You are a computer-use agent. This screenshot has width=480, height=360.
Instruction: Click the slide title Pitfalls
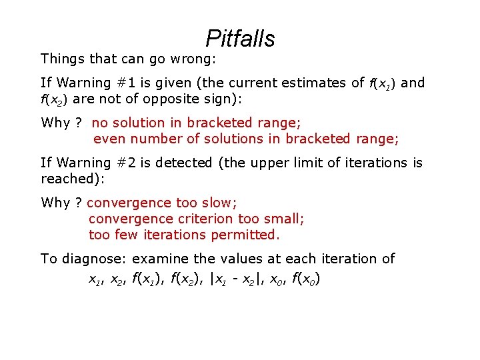(x=240, y=39)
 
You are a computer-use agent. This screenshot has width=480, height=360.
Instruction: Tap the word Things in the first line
(x=62, y=59)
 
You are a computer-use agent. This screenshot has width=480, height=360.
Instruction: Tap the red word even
(x=109, y=139)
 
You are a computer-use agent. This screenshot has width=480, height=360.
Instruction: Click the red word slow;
(x=219, y=203)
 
